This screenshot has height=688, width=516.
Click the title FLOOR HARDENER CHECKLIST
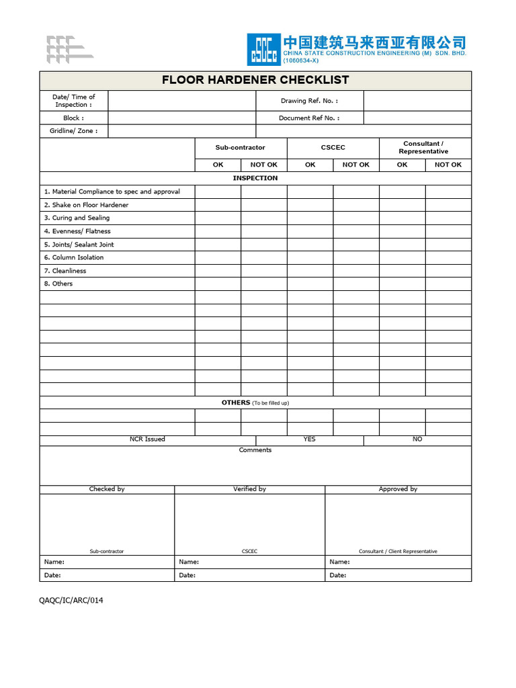(255, 80)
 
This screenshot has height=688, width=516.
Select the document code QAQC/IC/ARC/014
(71, 600)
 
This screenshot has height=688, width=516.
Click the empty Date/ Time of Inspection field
(181, 101)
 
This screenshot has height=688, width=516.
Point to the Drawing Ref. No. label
(309, 101)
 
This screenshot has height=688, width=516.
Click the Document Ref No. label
(309, 118)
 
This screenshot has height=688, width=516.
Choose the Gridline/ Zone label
(73, 131)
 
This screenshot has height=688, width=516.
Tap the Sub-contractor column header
(241, 148)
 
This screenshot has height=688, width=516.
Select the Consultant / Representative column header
(423, 148)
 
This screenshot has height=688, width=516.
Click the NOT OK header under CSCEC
(355, 165)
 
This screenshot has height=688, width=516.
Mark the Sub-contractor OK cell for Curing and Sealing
(218, 218)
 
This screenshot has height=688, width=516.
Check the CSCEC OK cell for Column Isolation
(310, 257)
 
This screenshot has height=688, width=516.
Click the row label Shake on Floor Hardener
(86, 205)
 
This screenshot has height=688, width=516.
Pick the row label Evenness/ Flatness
(77, 231)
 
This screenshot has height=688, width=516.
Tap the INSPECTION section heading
(255, 178)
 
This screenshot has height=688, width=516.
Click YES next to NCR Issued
(309, 439)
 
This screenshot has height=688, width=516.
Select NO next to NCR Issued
(417, 439)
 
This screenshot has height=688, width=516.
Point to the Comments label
(255, 450)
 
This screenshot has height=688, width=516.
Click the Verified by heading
(249, 489)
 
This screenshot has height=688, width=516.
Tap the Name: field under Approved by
(398, 562)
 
